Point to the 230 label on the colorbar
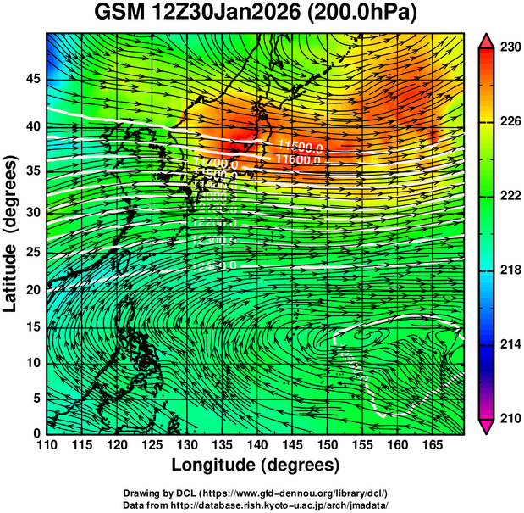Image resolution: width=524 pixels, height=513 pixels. (x=509, y=48)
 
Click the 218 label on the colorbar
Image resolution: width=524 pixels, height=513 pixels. (x=509, y=270)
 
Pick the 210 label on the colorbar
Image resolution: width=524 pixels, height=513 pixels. (x=509, y=418)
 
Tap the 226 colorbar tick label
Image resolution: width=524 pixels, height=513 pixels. (x=509, y=123)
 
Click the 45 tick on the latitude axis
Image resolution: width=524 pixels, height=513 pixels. (x=31, y=79)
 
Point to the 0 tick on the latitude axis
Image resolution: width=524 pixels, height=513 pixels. (x=36, y=433)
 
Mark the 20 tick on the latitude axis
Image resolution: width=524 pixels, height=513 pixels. (x=31, y=289)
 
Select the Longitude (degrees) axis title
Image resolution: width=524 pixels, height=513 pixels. (x=256, y=466)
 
